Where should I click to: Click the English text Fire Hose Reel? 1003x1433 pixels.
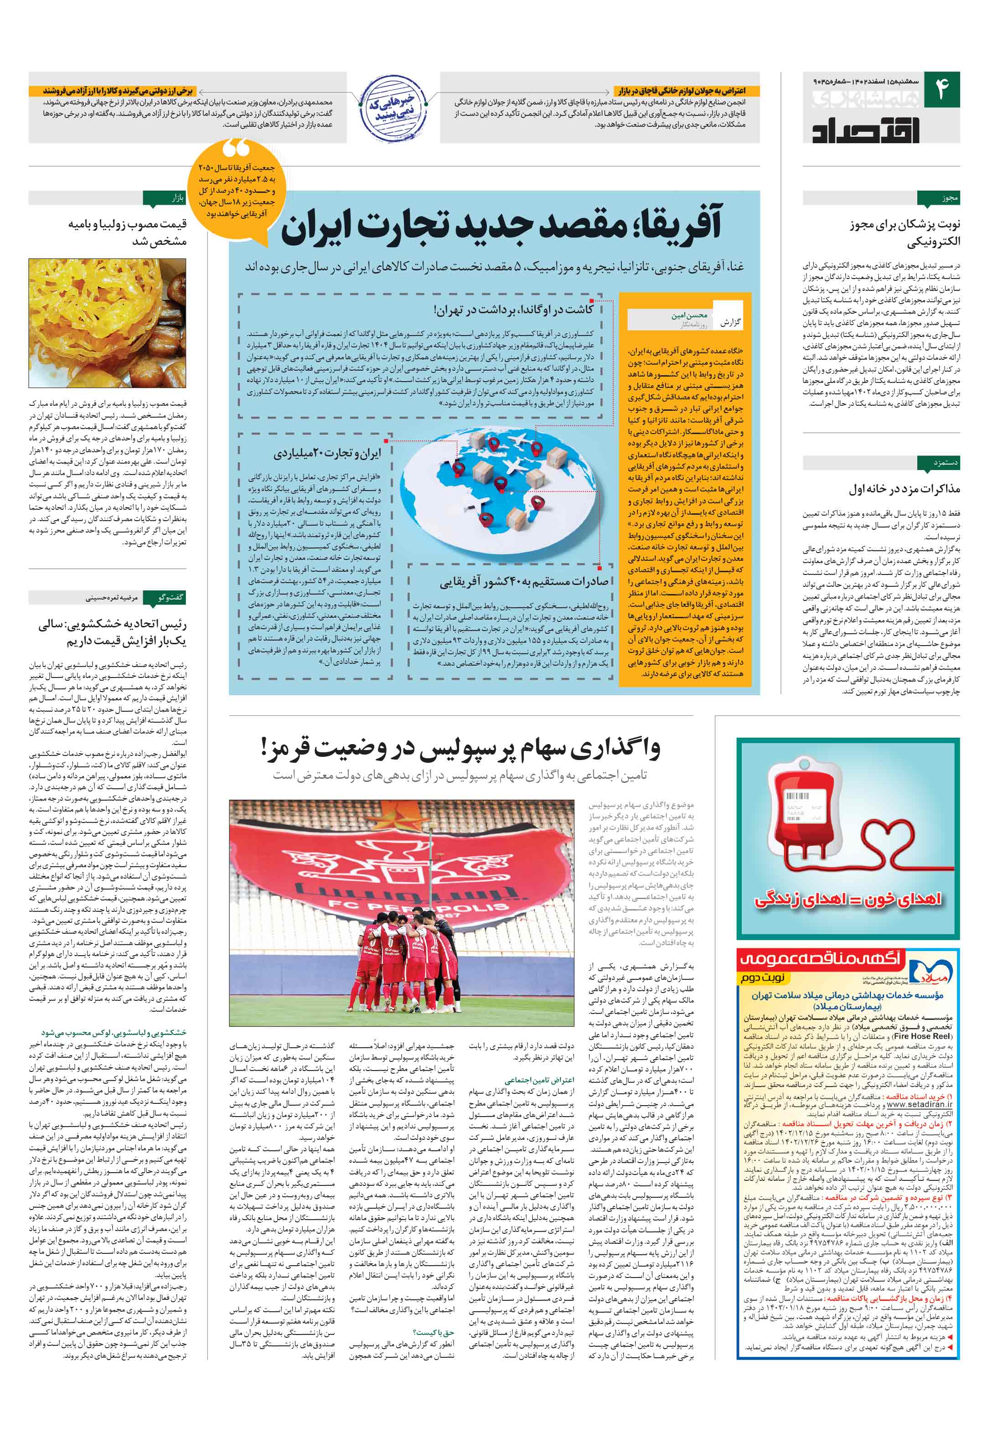[x=922, y=1035]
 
